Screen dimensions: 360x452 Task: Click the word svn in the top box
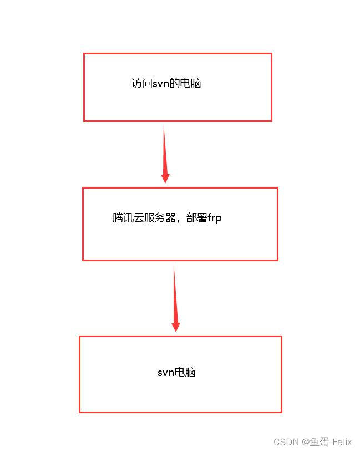(161, 84)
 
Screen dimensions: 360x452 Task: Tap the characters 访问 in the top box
(141, 84)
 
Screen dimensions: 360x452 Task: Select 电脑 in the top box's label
(191, 84)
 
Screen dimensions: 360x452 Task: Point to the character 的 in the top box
(176, 84)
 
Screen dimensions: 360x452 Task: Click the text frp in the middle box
(215, 218)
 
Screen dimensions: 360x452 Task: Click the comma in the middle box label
(179, 220)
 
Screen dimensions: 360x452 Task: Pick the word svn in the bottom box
(166, 373)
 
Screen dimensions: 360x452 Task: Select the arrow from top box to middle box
(164, 153)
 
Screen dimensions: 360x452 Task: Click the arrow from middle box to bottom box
(175, 297)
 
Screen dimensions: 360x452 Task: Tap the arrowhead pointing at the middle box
(165, 177)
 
